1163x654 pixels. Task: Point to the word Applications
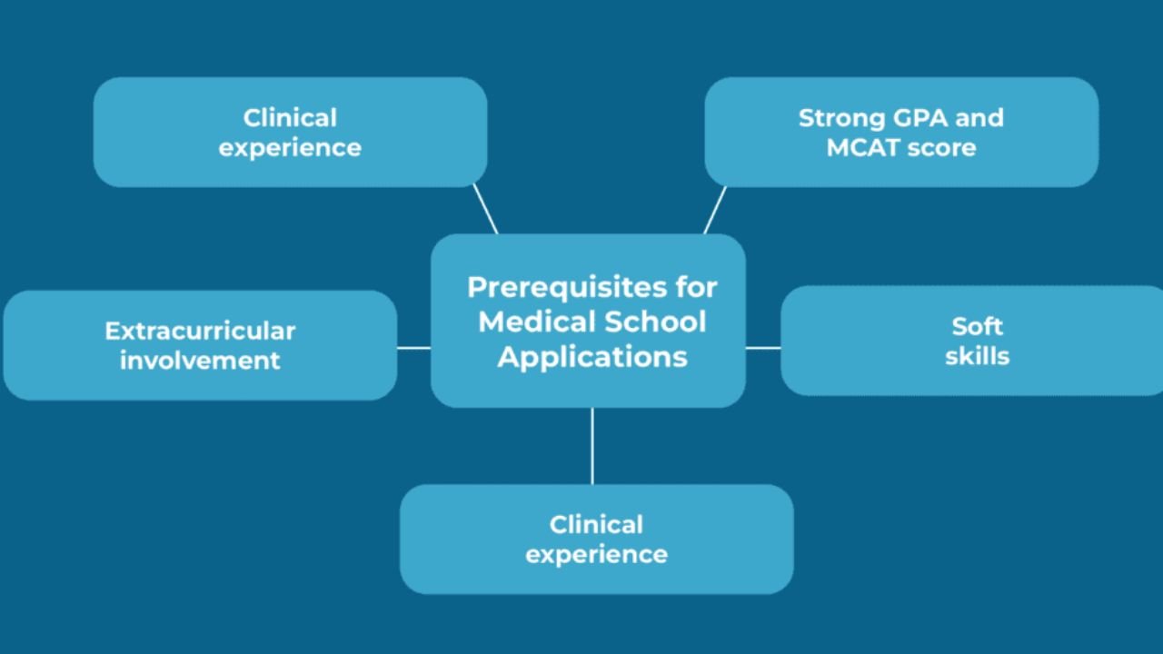592,356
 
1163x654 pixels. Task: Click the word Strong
840,118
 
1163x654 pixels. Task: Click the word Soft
978,326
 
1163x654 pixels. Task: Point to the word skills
978,355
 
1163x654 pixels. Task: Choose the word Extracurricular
200,331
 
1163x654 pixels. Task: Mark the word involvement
200,360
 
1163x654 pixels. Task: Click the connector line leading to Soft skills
763,347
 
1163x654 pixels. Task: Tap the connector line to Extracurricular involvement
413,347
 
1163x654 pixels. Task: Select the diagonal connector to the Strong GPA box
715,210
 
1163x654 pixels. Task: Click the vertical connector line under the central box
592,445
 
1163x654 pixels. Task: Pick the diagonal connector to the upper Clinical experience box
485,210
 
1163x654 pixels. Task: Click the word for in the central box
696,288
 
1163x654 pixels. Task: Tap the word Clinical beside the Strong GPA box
290,118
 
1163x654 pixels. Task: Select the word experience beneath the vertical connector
596,554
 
